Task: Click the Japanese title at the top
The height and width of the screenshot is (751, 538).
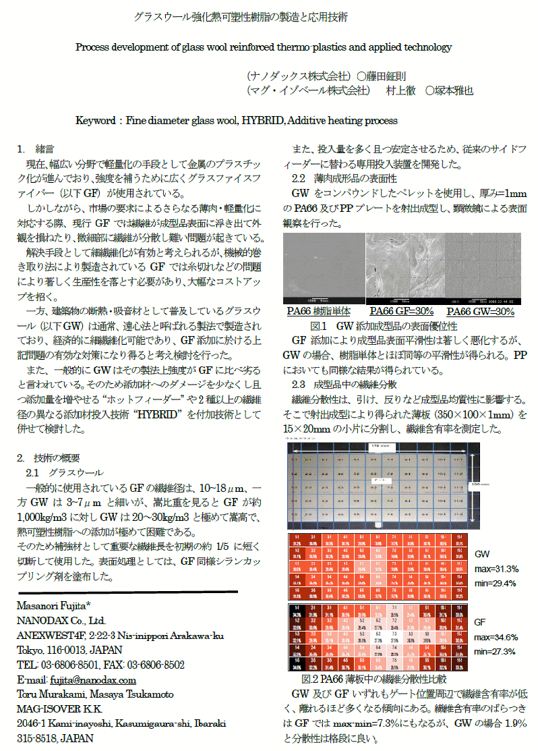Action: click(241, 16)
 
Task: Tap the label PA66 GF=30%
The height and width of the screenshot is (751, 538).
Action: click(402, 311)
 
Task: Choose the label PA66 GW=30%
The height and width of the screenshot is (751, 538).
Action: click(480, 311)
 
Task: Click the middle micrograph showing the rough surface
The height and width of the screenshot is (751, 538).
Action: click(405, 269)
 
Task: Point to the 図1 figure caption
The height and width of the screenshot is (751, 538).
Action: click(402, 325)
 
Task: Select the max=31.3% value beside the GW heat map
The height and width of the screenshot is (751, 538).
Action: click(496, 569)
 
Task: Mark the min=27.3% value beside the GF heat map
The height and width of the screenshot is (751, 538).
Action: click(496, 651)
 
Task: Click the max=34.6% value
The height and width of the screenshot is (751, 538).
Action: click(496, 637)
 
